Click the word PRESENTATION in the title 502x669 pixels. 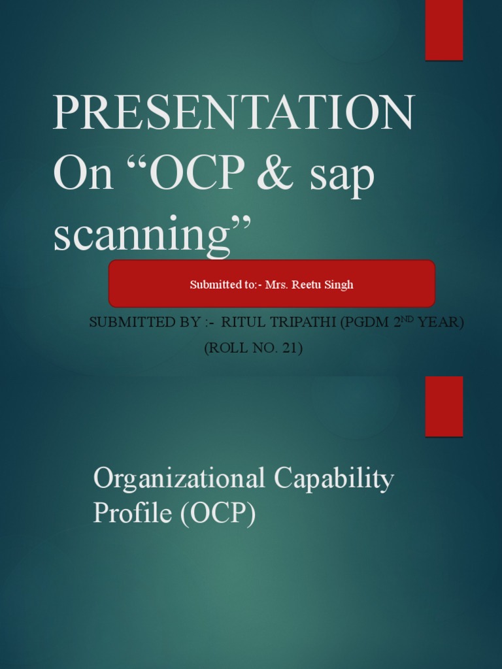[233, 114]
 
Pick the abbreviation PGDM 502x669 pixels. [366, 323]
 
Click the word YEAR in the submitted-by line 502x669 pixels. [441, 323]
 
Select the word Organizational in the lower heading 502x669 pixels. [179, 480]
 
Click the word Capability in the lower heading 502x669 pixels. [333, 480]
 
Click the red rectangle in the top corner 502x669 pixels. [444, 30]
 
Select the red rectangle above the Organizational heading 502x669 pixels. [444, 406]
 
